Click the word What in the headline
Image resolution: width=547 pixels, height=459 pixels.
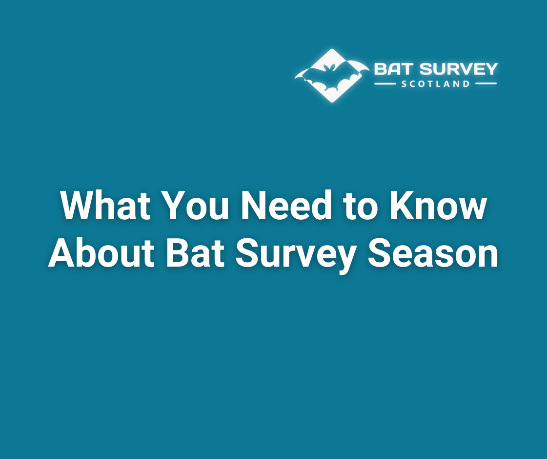(x=105, y=206)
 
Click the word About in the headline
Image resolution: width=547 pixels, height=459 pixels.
(x=101, y=254)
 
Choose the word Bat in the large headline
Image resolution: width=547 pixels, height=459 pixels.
(x=195, y=254)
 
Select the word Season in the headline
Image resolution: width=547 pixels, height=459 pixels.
(x=433, y=254)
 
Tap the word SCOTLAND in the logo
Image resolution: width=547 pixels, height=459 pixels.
(x=435, y=84)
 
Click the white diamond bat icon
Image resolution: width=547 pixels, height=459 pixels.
(x=332, y=76)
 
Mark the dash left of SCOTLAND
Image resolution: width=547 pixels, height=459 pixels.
(x=385, y=84)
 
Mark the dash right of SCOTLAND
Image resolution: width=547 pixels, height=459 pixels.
(x=486, y=84)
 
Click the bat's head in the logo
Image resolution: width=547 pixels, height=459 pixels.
(x=330, y=68)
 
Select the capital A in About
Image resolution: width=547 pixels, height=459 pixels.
(x=61, y=254)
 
